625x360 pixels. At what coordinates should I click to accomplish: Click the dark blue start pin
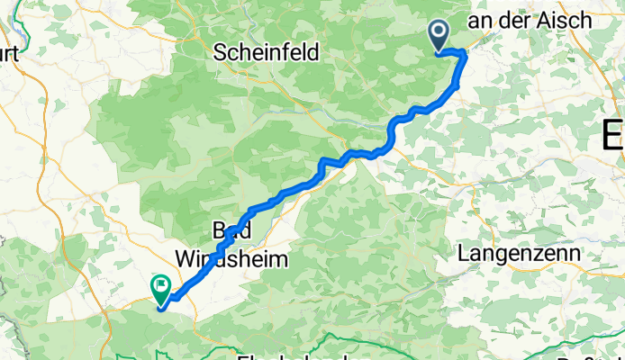coord(439,36)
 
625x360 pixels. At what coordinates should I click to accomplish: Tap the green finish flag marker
coord(162,289)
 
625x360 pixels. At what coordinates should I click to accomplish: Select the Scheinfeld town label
coord(267,53)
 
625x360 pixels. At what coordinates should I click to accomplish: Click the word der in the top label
coord(523,20)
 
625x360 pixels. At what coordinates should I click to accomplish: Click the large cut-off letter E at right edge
coord(613,137)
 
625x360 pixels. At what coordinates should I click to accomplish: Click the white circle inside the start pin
coord(439,32)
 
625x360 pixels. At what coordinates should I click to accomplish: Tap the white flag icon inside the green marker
coord(162,286)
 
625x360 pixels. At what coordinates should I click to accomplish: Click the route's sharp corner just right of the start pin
coord(465,55)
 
